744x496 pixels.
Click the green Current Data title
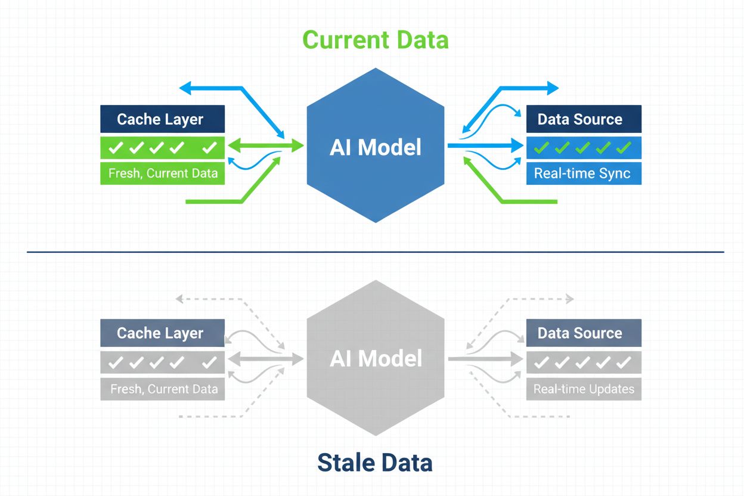(x=375, y=40)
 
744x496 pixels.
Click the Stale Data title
(x=375, y=463)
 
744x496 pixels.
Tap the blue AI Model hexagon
(x=375, y=146)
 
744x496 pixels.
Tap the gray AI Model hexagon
(x=375, y=358)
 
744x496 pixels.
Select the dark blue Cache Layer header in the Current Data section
(x=162, y=119)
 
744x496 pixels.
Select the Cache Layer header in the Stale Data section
(x=162, y=333)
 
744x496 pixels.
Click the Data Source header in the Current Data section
(x=583, y=119)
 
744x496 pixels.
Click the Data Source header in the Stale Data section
(x=583, y=333)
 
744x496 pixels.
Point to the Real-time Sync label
(x=583, y=173)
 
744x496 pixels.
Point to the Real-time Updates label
(x=583, y=389)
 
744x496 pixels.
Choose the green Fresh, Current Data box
(x=162, y=174)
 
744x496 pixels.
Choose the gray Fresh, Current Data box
(x=162, y=389)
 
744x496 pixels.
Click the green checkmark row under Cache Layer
(x=162, y=147)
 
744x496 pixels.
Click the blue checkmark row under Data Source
(x=583, y=147)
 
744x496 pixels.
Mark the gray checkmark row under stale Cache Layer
(x=162, y=362)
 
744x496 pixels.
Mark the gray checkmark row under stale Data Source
(x=583, y=362)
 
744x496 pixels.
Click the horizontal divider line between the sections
(x=375, y=252)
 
